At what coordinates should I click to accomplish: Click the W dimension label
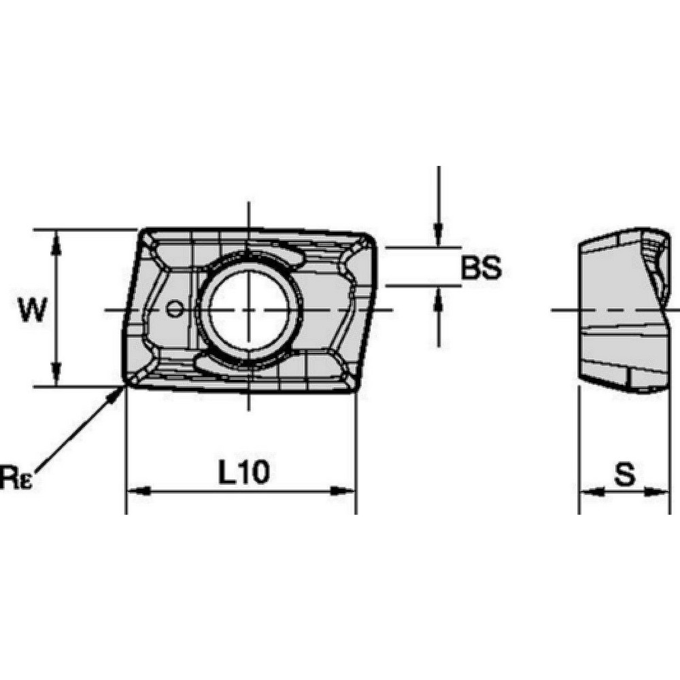33,310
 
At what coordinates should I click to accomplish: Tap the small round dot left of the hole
175,309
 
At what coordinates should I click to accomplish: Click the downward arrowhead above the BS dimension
439,237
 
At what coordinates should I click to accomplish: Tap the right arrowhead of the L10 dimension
347,491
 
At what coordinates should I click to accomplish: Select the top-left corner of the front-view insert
145,233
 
